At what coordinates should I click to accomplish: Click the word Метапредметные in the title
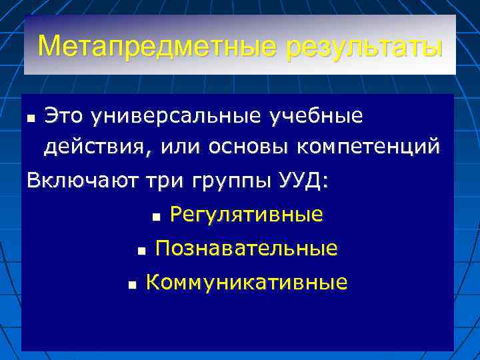[158, 47]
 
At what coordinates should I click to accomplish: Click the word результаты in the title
[364, 47]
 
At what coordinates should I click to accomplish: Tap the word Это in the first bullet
[65, 116]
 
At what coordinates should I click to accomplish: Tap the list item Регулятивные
[247, 215]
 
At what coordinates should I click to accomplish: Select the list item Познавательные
[246, 249]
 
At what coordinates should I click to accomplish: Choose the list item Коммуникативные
[246, 283]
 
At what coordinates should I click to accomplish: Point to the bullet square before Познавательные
[140, 251]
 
